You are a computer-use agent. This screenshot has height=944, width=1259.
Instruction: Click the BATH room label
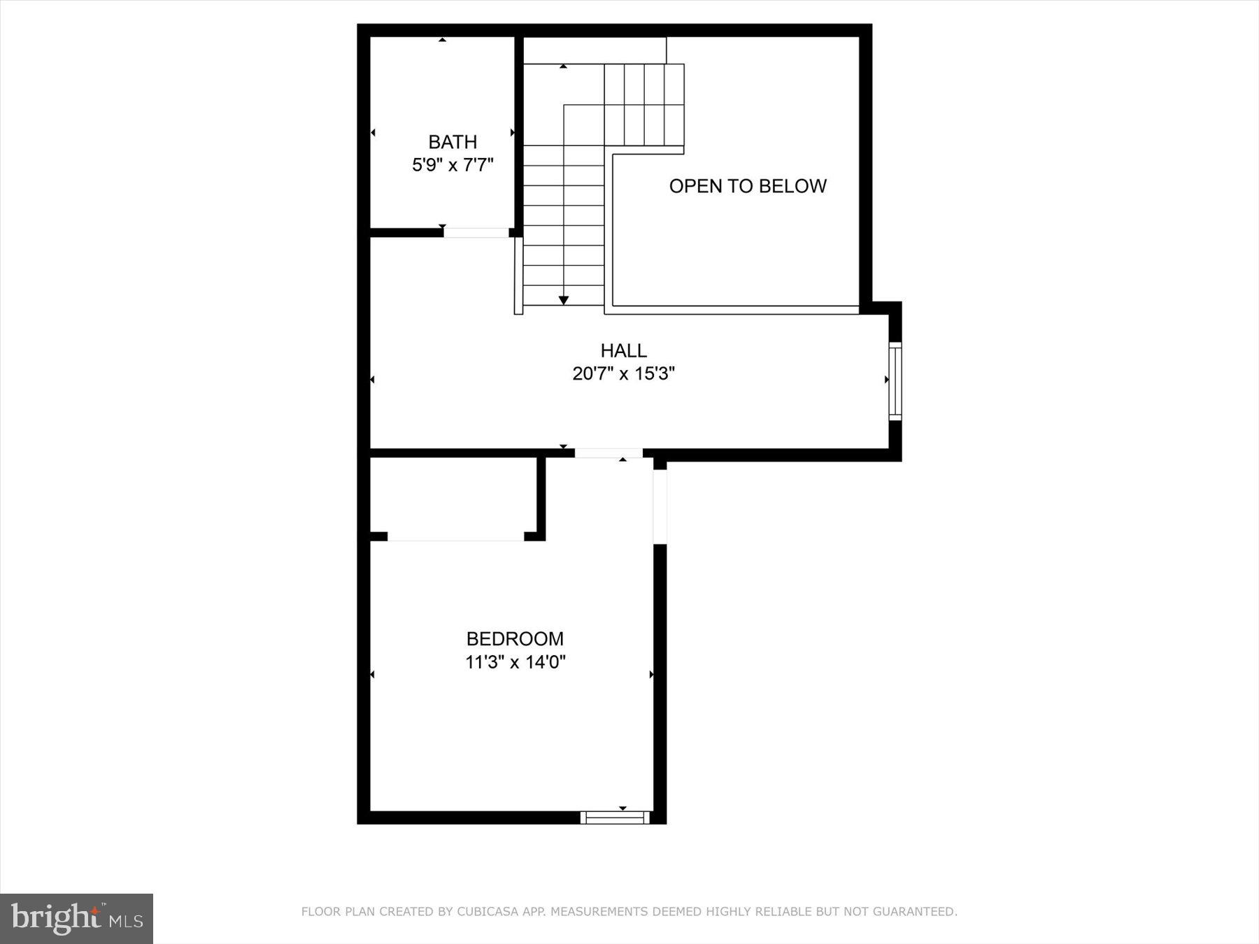(453, 142)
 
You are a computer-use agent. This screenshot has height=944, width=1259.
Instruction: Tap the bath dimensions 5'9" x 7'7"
(453, 165)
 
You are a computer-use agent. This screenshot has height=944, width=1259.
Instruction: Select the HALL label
(623, 350)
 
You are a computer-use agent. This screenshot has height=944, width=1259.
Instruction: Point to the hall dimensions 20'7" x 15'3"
(623, 373)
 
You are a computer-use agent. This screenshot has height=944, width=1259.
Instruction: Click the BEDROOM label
(515, 638)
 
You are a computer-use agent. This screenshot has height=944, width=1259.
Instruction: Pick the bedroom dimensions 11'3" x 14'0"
(515, 661)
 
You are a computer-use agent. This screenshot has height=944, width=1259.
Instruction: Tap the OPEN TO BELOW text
(748, 186)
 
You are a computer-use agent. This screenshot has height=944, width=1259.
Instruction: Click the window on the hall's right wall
(895, 381)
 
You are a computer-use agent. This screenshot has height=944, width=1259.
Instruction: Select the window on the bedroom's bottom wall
(615, 817)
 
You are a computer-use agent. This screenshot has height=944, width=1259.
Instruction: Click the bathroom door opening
(476, 233)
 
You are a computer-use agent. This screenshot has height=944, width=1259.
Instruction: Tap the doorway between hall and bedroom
(609, 453)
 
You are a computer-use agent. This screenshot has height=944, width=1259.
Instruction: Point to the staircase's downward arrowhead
(564, 300)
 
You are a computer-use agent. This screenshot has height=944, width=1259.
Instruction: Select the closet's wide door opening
(455, 536)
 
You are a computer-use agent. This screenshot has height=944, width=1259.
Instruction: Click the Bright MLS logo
(76, 918)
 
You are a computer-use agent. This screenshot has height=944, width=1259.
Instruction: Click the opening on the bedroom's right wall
(660, 506)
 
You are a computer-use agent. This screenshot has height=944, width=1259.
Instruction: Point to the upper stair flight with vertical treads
(643, 105)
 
